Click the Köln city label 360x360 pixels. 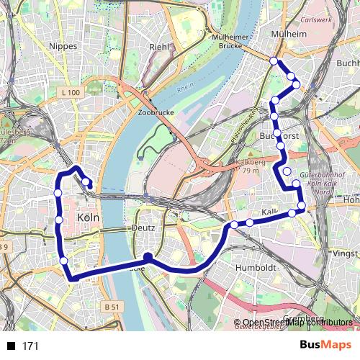pos(87,218)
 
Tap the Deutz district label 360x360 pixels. pos(143,227)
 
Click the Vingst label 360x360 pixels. pos(346,254)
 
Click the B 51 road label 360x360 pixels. pos(111,306)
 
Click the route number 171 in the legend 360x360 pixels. pos(30,346)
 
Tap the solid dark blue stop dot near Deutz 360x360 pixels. pos(148,256)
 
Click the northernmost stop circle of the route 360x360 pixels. pos(274,61)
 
